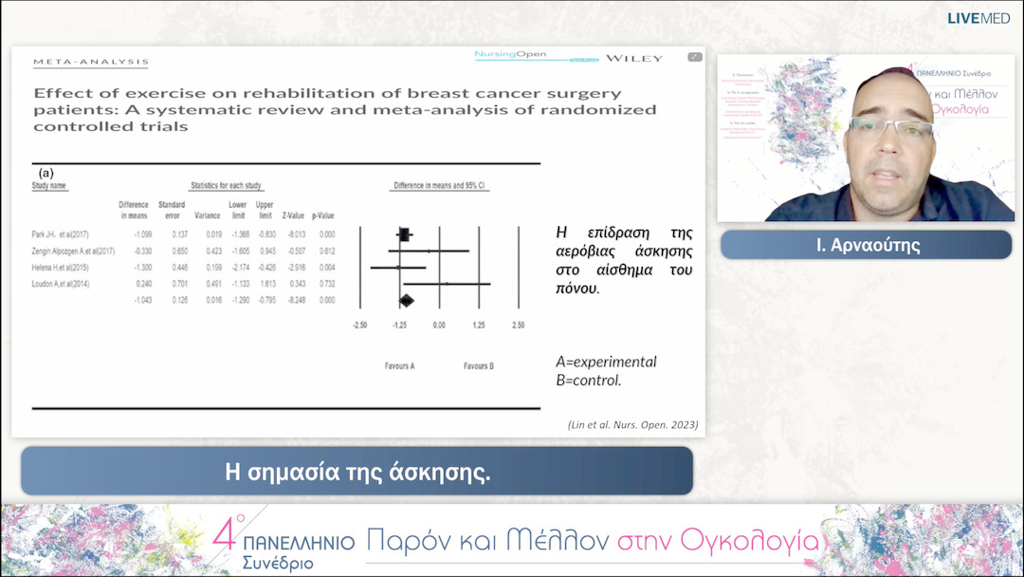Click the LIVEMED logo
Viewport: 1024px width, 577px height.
(x=978, y=18)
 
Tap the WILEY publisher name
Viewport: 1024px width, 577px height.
(x=634, y=58)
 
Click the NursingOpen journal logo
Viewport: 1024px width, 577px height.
(x=510, y=55)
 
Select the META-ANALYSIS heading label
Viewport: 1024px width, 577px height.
(x=91, y=62)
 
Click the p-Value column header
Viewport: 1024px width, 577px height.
(x=322, y=215)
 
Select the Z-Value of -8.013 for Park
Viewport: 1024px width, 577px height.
(x=296, y=233)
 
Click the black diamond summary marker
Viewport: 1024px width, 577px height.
(x=406, y=301)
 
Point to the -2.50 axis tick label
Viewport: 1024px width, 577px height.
(x=360, y=326)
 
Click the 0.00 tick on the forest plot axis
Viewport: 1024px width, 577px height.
(x=439, y=326)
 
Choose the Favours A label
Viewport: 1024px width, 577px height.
(x=399, y=365)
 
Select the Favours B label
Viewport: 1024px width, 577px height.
(x=478, y=365)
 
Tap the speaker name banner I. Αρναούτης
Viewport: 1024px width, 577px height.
(x=866, y=245)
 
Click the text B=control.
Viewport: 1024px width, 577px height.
(x=588, y=381)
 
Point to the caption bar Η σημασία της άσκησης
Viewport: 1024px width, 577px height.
(x=357, y=472)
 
